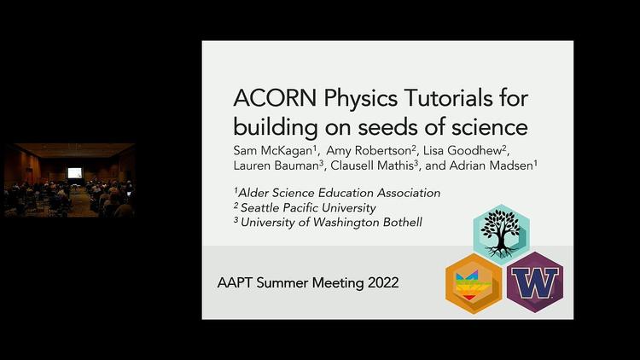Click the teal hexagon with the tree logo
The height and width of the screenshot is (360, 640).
coord(502,232)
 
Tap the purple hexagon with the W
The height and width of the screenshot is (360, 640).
coord(534,282)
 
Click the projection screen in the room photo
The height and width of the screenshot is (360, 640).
coord(74,172)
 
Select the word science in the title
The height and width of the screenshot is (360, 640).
coord(487,127)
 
